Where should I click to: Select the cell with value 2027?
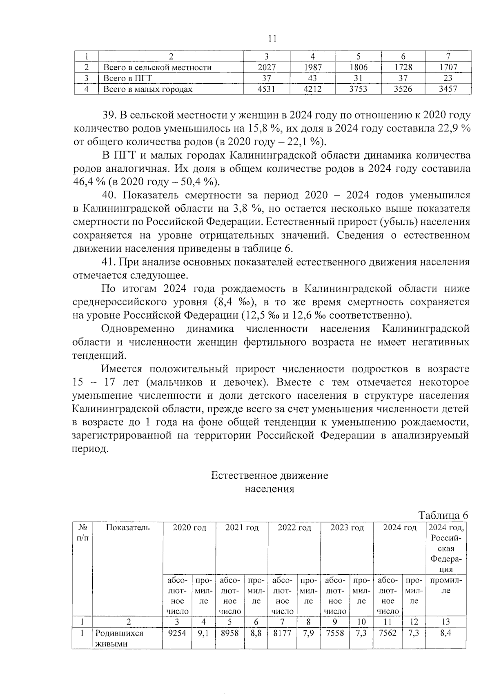point(267,67)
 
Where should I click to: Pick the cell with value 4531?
point(267,89)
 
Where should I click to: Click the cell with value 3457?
point(448,89)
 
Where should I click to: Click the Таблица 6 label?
point(443,515)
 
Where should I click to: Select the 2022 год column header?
point(294,528)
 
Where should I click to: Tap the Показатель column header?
point(127,528)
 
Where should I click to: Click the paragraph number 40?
point(109,196)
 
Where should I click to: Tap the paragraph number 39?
point(109,116)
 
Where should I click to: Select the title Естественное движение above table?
point(269,476)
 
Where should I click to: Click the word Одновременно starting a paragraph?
point(138,329)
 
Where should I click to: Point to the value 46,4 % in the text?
point(87,182)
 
